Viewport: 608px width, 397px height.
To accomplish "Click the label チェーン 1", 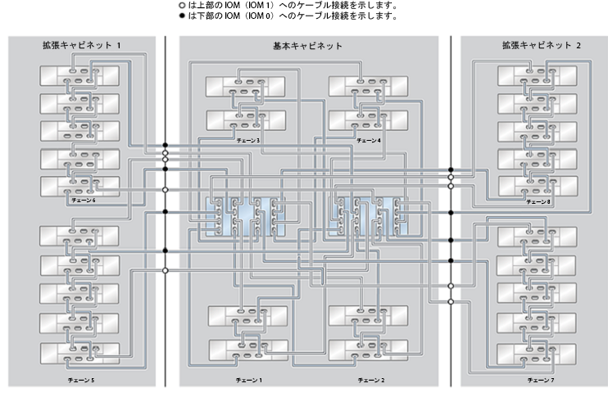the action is [x=249, y=381].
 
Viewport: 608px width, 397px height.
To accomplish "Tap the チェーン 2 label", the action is [x=371, y=381].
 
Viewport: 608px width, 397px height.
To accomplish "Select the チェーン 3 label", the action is [x=248, y=140].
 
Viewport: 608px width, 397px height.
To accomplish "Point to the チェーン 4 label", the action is [x=369, y=140].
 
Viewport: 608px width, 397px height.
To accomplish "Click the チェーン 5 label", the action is [x=81, y=381].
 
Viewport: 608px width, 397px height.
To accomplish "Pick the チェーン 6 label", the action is [x=84, y=201].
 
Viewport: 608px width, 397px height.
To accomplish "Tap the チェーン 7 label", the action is [x=541, y=381].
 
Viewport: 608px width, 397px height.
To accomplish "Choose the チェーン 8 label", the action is [x=538, y=202].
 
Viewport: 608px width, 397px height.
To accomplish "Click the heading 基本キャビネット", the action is [x=307, y=46].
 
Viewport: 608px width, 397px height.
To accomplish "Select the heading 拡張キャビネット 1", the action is [x=82, y=45].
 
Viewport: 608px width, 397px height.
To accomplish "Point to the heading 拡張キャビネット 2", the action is [x=542, y=45].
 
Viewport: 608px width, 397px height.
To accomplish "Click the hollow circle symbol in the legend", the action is [x=182, y=6].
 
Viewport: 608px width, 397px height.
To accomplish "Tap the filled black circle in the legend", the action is [x=182, y=16].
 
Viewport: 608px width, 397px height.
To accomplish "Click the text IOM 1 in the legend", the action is [x=261, y=6].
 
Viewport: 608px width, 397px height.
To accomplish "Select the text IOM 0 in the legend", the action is [x=261, y=16].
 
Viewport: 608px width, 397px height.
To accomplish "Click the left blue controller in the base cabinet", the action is [x=246, y=217].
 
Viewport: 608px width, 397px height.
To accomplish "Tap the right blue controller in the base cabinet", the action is [x=368, y=217].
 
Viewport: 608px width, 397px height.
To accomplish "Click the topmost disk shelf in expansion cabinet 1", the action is [x=79, y=76].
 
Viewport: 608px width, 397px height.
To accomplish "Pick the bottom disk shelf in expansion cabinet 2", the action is [x=536, y=354].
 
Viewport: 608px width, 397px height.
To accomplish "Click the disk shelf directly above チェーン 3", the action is [x=246, y=120].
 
